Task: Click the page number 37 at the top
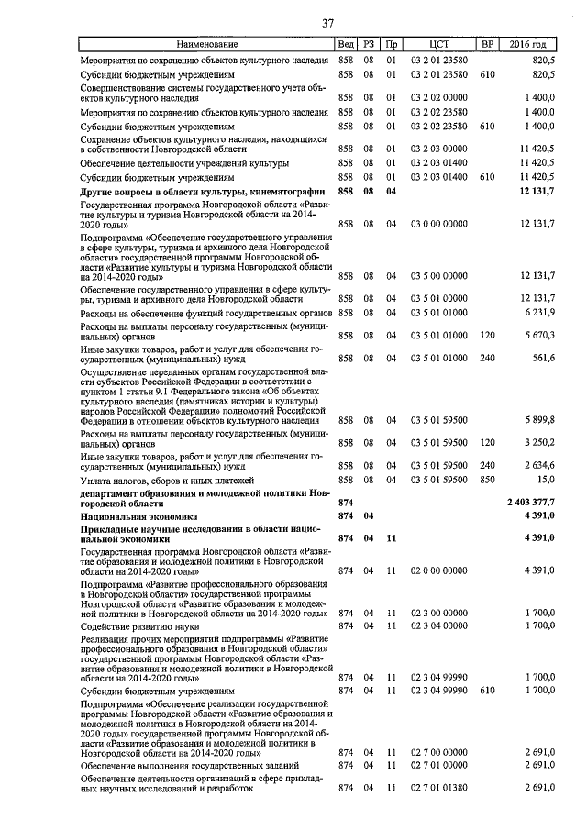point(327,23)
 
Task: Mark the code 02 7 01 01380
point(438,788)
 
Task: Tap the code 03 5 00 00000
point(438,276)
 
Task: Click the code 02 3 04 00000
point(438,625)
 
